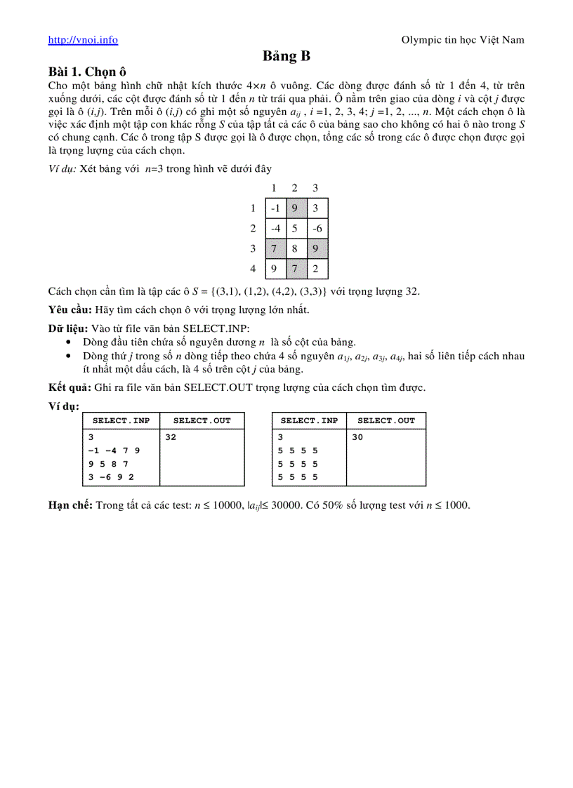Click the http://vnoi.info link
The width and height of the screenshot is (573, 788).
[83, 40]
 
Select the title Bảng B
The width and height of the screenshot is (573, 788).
[286, 56]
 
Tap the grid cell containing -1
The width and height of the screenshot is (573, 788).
[276, 208]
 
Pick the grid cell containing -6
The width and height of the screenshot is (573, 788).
[317, 229]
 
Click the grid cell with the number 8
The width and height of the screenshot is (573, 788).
[296, 248]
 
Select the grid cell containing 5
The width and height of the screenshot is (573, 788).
[296, 229]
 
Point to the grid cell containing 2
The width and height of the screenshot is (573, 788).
[317, 268]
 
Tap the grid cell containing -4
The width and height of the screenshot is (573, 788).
[276, 229]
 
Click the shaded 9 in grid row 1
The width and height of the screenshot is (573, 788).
[296, 208]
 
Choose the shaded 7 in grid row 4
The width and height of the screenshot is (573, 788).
[296, 268]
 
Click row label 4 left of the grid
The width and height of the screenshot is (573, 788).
[253, 268]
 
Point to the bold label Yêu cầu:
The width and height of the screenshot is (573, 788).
[69, 309]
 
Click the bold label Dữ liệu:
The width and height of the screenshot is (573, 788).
[68, 328]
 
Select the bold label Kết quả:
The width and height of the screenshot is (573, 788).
[68, 387]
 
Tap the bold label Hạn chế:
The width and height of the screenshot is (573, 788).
[70, 505]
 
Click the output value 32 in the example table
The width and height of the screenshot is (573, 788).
[171, 437]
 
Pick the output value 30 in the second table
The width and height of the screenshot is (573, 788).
[358, 437]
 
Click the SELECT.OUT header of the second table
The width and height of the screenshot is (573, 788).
[386, 421]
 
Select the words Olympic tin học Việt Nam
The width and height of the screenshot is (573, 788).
[463, 40]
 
